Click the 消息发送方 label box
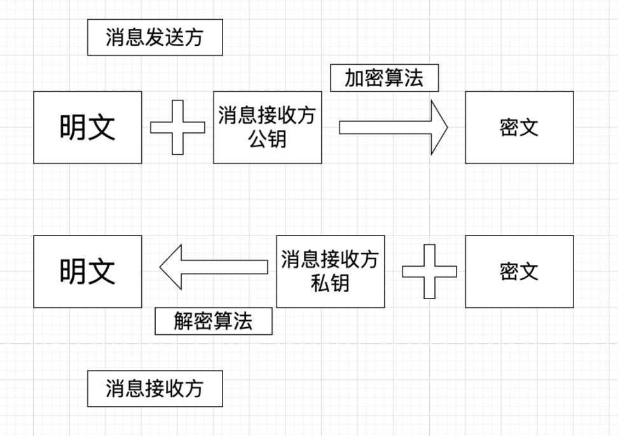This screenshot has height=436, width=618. tap(154, 38)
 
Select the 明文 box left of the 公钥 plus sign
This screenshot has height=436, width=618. tap(88, 127)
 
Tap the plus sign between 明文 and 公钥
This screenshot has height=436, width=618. tap(177, 127)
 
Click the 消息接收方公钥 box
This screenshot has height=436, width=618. tap(267, 127)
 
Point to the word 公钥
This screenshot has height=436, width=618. tap(267, 139)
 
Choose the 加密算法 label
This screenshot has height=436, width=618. tap(384, 78)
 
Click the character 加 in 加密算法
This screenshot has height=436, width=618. tap(354, 78)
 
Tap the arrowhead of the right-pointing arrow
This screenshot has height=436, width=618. tap(439, 127)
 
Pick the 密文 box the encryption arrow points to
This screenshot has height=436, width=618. tap(519, 127)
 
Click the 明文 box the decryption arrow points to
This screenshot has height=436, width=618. tap(88, 271)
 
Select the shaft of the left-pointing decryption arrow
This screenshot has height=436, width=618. tap(223, 267)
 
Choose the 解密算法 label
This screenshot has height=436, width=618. tap(214, 321)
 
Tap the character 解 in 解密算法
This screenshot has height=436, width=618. tap(183, 321)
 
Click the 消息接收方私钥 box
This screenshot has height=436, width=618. tap(330, 271)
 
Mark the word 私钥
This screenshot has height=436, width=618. tap(330, 283)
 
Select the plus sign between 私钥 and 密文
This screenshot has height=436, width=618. tap(429, 271)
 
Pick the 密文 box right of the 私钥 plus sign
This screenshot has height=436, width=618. tap(519, 271)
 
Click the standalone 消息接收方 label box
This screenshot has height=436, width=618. tap(154, 388)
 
